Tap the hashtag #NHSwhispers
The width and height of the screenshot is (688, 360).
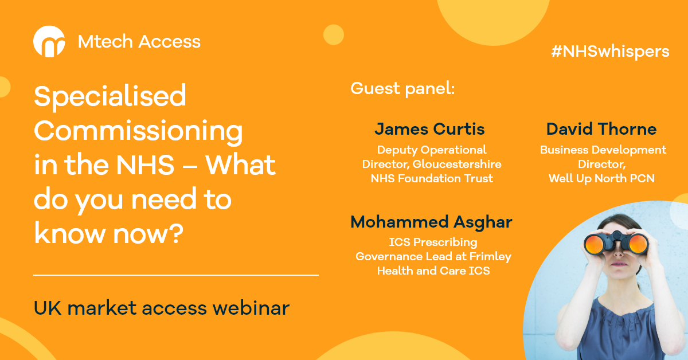610,51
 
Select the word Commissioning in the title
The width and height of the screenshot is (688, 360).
138,131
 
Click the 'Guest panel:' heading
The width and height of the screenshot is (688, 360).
402,89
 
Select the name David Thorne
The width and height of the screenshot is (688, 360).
601,129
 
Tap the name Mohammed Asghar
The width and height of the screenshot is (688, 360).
432,222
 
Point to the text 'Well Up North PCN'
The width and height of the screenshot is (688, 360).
601,178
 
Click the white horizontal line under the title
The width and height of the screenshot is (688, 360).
175,275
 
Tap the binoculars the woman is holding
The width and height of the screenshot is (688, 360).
616,243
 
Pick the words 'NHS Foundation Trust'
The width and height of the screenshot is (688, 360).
432,178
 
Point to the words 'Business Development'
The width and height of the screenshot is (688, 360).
603,150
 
